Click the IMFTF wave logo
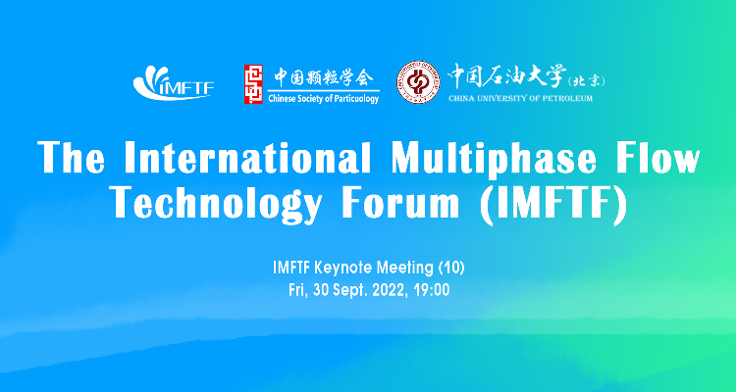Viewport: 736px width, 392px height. click(173, 83)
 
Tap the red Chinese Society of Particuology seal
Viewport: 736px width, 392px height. click(253, 84)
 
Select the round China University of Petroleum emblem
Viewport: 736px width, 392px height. click(418, 82)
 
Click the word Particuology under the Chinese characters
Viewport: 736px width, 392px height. click(354, 98)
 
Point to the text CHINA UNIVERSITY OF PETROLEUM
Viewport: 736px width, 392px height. click(520, 98)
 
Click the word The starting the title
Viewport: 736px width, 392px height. click(71, 158)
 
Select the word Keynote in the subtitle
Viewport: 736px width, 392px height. click(335, 269)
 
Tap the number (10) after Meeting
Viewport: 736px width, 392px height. click(450, 269)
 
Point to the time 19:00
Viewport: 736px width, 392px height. click(432, 290)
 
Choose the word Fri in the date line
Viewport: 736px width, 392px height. click(296, 290)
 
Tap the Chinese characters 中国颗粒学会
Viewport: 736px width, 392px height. click(324, 77)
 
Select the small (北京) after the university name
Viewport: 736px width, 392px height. click(586, 81)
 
